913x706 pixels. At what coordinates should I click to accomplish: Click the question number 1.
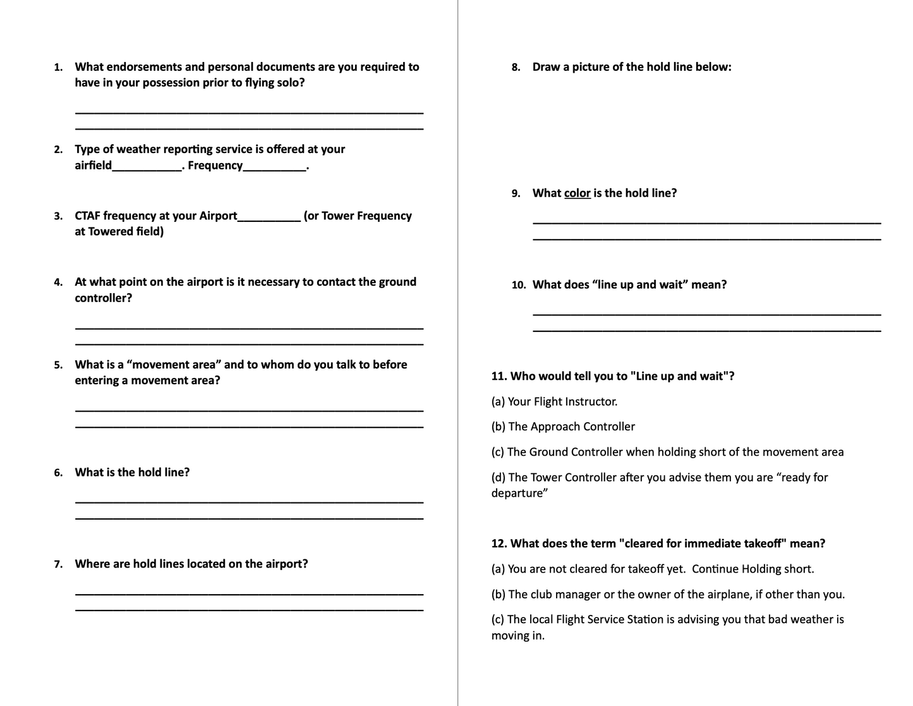pos(58,68)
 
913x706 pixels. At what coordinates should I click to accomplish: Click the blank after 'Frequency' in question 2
pos(275,166)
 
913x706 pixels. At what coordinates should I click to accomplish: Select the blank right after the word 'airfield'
pos(147,166)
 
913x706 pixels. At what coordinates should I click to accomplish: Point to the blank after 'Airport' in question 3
pos(269,217)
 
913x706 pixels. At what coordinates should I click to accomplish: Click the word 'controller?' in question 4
pos(104,298)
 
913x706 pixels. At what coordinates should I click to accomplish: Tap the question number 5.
pos(58,365)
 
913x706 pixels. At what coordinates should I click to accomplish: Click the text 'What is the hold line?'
pos(132,472)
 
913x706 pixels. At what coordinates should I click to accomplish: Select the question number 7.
pos(58,564)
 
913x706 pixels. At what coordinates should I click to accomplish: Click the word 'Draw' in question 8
pos(546,67)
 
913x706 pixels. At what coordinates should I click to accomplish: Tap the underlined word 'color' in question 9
pos(577,193)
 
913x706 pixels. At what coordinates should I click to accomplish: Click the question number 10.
pos(518,285)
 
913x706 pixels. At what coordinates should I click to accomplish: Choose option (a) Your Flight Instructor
pos(554,401)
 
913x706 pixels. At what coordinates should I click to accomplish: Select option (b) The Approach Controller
pos(563,427)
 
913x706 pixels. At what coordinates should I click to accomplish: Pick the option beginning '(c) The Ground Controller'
pos(667,452)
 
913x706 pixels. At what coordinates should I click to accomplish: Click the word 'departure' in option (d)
pos(518,493)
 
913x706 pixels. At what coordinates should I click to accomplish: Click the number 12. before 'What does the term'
pos(499,544)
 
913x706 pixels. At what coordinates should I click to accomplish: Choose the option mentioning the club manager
pos(668,594)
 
